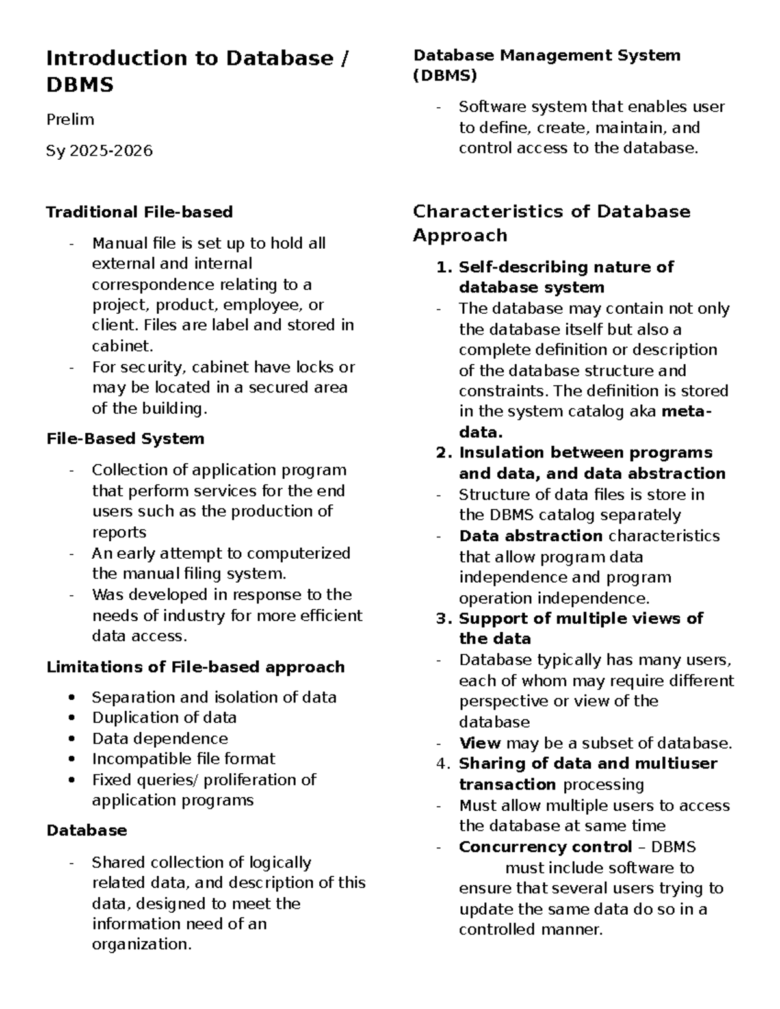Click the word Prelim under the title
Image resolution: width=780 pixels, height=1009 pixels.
click(70, 120)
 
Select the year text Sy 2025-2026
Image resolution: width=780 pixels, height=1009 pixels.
click(99, 151)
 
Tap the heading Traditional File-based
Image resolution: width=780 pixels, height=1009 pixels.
click(139, 212)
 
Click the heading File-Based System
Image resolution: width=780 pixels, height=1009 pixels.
click(125, 439)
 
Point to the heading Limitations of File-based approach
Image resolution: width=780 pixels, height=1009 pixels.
click(195, 667)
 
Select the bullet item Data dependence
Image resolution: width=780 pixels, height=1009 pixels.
click(160, 739)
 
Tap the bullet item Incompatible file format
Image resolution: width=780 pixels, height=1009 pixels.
click(183, 759)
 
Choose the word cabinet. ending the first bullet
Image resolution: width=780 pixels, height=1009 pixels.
click(123, 346)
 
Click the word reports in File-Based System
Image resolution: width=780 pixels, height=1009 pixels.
click(119, 532)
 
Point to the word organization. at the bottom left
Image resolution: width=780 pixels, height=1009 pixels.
click(142, 944)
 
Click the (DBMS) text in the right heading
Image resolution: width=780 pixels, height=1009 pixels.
click(445, 76)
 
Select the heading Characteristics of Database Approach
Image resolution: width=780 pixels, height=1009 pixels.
click(551, 223)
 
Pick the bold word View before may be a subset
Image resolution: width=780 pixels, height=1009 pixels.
click(480, 743)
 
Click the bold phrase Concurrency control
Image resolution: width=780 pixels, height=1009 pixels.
click(545, 847)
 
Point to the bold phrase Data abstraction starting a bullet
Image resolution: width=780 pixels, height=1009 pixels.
click(530, 536)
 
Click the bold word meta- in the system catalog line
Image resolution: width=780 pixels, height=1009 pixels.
click(686, 411)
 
